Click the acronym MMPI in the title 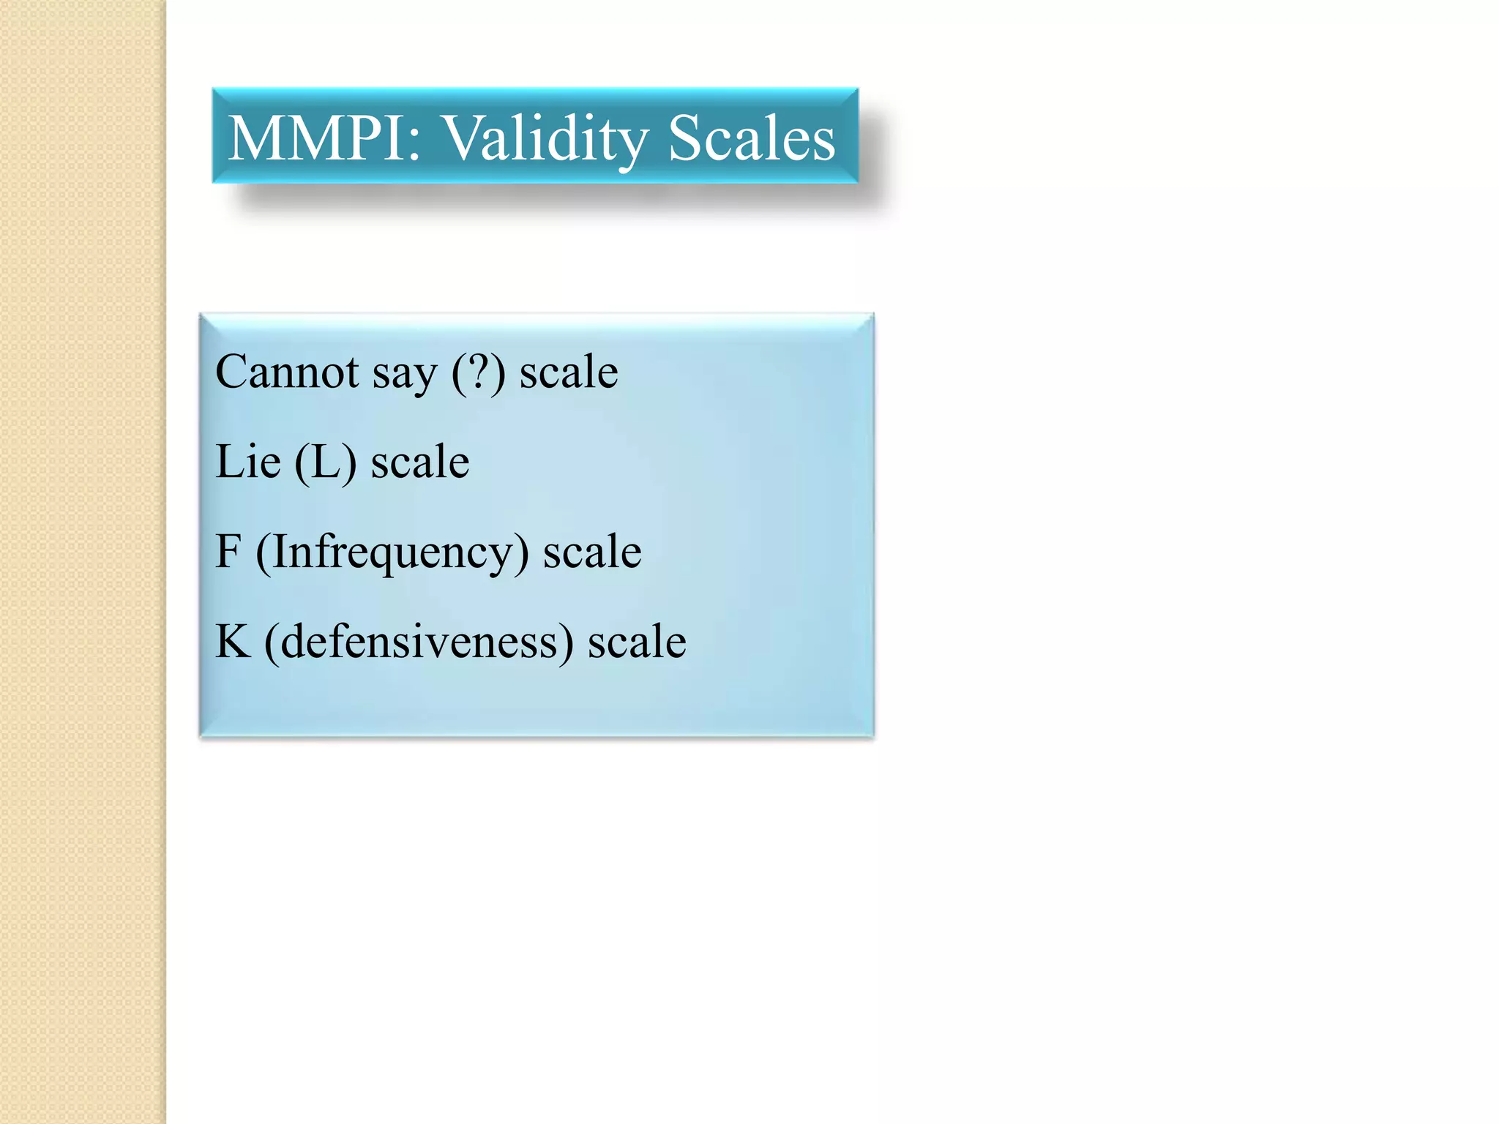(315, 138)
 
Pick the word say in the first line (404, 375)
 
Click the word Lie (248, 462)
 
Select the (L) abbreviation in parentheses (326, 462)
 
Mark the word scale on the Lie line (420, 462)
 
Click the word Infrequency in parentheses (392, 553)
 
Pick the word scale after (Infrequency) (592, 552)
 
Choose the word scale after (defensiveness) (637, 642)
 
